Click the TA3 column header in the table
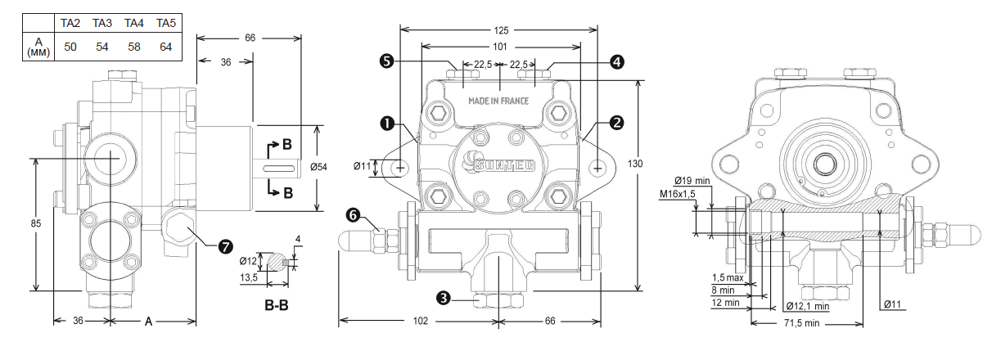pos(101,23)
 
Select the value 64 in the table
pos(165,46)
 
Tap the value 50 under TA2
pos(70,46)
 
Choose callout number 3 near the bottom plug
pos(444,299)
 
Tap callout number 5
pos(387,61)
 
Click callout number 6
pos(353,215)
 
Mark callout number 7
pos(224,245)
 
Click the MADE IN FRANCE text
pos(498,101)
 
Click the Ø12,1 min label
pos(805,306)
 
